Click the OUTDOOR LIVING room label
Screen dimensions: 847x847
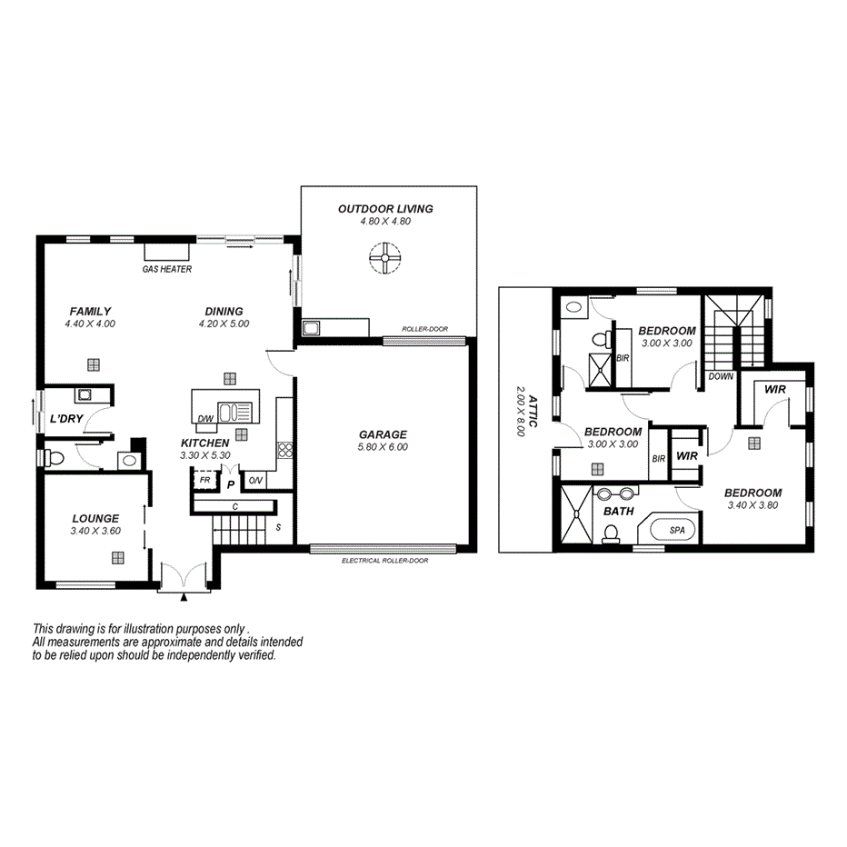coord(385,209)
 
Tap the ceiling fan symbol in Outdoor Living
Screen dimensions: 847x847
coord(385,258)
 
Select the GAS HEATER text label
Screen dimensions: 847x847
coord(166,270)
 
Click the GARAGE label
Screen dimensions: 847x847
coord(383,434)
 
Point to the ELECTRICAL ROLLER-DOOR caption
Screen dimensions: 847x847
coord(384,561)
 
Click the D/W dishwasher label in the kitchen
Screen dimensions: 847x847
coord(205,418)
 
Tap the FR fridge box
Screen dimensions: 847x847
coord(204,479)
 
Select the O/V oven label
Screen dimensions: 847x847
coord(255,480)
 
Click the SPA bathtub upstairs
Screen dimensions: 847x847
coord(677,530)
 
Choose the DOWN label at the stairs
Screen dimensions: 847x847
coord(721,375)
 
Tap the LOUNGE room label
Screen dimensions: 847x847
coord(95,519)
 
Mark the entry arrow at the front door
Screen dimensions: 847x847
coord(184,597)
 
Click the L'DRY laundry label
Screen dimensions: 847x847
coord(65,418)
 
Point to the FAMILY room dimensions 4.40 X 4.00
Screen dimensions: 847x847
coord(90,324)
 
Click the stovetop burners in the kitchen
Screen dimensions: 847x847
coord(284,449)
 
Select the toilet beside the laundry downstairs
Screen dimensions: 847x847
coord(54,459)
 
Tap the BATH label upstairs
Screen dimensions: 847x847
coord(618,512)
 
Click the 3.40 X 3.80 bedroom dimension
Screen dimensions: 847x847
coord(752,505)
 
